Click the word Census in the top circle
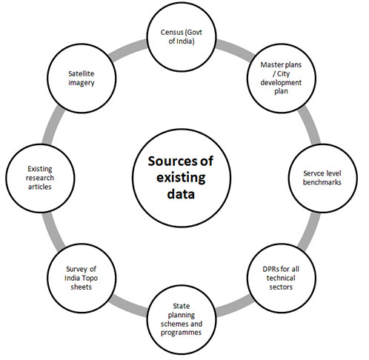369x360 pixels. (x=172, y=33)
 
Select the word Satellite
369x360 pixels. (x=82, y=73)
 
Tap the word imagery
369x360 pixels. (x=82, y=83)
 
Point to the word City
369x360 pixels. (x=284, y=74)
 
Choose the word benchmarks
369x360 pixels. (x=322, y=182)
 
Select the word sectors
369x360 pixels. (x=281, y=287)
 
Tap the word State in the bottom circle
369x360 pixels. (x=182, y=306)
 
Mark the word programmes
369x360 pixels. (x=181, y=333)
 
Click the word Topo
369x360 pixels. (x=90, y=279)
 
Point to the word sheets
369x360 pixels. (x=82, y=287)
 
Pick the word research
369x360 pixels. (x=40, y=178)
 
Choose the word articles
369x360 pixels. (x=40, y=187)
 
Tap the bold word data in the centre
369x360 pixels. (x=181, y=194)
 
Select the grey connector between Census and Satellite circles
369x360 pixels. (x=128, y=50)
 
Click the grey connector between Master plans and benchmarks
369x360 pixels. (x=309, y=125)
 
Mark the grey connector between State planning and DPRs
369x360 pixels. (x=235, y=306)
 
